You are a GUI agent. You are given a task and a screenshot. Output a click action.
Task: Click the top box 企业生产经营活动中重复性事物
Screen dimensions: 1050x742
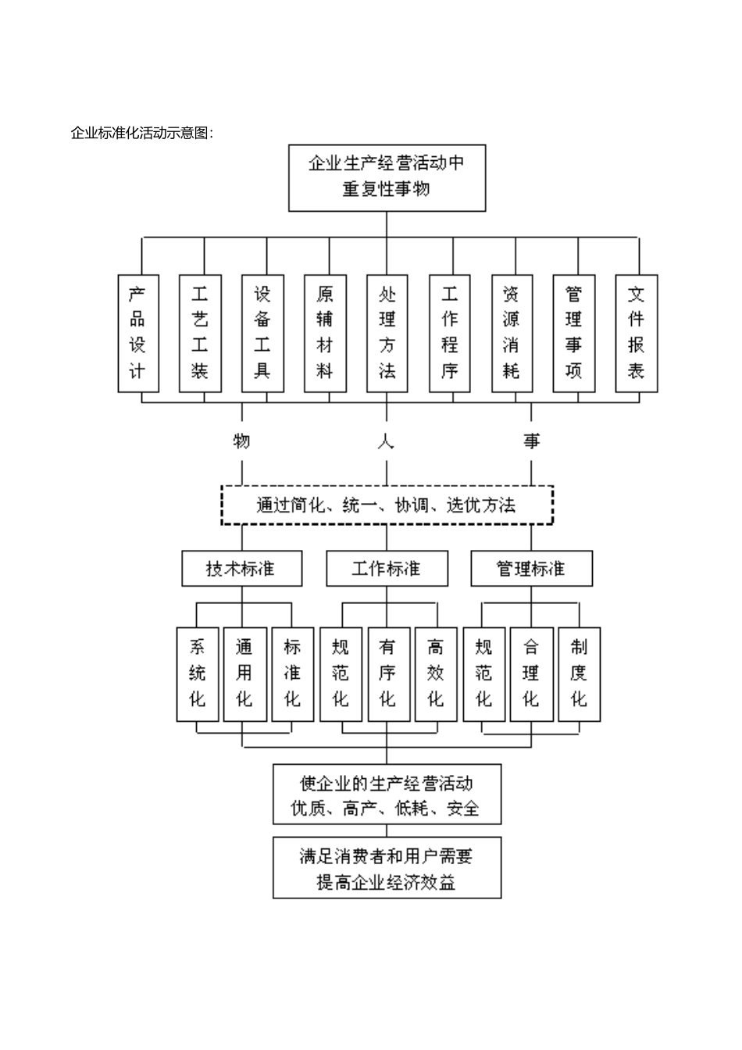[387, 177]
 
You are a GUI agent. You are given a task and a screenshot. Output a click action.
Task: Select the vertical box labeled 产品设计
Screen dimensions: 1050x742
[138, 333]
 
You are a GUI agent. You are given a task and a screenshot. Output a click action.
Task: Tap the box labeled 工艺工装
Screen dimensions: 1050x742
[200, 333]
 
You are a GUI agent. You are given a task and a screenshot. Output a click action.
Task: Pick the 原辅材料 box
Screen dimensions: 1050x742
[325, 333]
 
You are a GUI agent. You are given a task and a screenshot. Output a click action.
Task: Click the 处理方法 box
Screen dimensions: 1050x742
[387, 333]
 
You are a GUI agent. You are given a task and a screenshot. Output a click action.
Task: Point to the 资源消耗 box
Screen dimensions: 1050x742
[512, 333]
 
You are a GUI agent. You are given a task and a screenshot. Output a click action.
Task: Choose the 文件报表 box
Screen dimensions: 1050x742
[636, 333]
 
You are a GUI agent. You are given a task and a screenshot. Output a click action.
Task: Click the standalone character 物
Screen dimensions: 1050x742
[242, 441]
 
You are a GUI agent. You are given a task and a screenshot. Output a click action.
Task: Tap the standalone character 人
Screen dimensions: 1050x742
[387, 441]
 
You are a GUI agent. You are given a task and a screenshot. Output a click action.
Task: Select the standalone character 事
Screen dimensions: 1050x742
[532, 441]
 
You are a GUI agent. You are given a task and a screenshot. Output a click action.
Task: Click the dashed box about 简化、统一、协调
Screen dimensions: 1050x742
[387, 505]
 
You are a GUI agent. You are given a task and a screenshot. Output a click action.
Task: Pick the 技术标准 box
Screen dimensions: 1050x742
[241, 569]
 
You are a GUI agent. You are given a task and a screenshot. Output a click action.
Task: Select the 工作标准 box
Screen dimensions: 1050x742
[387, 569]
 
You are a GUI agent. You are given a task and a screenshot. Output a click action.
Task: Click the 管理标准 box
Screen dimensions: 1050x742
[531, 569]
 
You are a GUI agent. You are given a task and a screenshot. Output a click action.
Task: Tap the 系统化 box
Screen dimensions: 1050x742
[198, 673]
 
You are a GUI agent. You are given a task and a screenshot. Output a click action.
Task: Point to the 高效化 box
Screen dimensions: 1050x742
[435, 673]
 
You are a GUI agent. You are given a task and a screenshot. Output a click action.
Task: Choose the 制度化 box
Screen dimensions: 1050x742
[578, 673]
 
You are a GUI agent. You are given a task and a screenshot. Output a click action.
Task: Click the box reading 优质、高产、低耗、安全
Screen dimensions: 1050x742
[387, 795]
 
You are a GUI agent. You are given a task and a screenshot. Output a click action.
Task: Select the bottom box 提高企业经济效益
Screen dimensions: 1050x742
[387, 868]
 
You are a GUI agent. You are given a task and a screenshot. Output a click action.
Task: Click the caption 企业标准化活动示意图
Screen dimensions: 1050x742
[141, 133]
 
